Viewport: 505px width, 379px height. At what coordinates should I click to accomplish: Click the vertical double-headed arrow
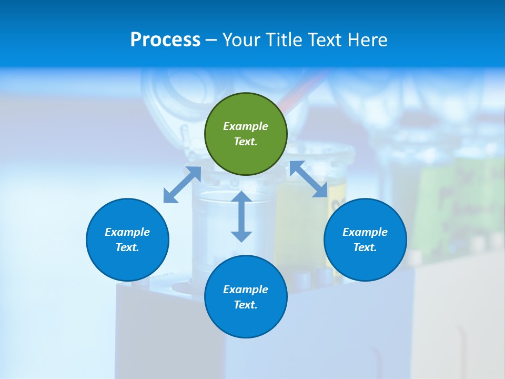click(x=241, y=216)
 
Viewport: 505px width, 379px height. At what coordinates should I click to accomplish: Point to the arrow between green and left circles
click(x=182, y=185)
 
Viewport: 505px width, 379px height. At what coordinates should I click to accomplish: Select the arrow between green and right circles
click(x=309, y=179)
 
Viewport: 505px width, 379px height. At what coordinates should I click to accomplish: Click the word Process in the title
click(x=165, y=40)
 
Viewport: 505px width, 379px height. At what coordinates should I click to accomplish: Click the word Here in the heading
click(x=368, y=40)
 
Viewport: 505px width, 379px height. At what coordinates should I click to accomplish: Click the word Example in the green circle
click(x=246, y=126)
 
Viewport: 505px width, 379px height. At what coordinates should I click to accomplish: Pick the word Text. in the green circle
click(x=246, y=142)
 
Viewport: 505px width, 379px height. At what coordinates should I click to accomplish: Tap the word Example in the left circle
click(x=127, y=232)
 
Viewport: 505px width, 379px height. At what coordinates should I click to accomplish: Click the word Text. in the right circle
click(x=365, y=247)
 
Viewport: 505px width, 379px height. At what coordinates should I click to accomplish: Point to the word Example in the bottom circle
click(x=246, y=290)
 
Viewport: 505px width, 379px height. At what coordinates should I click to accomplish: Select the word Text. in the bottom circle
click(x=246, y=305)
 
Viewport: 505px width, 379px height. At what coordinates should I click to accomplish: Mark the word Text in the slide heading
click(x=326, y=40)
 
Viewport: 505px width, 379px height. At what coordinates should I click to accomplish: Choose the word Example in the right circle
click(x=365, y=232)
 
